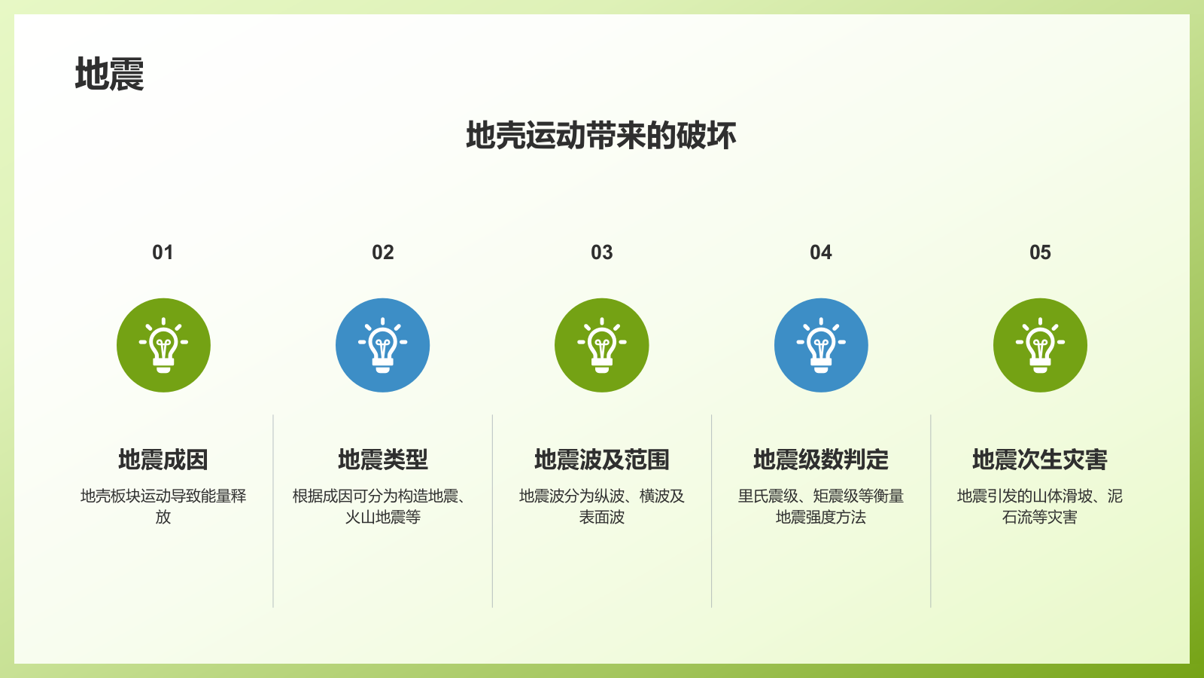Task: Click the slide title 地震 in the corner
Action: (109, 75)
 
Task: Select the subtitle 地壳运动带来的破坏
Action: (601, 136)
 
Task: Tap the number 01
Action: (163, 252)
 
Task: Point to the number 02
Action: (382, 252)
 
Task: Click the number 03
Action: (601, 252)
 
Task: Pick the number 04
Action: (820, 252)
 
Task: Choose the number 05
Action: (1040, 252)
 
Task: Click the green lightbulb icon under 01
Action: (163, 345)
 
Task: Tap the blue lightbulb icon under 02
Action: (382, 345)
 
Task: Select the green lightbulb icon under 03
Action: (601, 345)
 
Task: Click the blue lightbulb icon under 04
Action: (821, 345)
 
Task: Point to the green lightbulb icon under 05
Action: (1040, 345)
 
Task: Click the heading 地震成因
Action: (163, 460)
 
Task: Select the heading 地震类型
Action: (382, 460)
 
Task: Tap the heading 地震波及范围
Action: (601, 460)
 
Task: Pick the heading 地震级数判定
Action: (821, 460)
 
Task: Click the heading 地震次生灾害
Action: (1040, 460)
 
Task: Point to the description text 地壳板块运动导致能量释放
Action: (163, 506)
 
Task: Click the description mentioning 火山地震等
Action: (382, 506)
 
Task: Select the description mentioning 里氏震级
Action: (821, 506)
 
